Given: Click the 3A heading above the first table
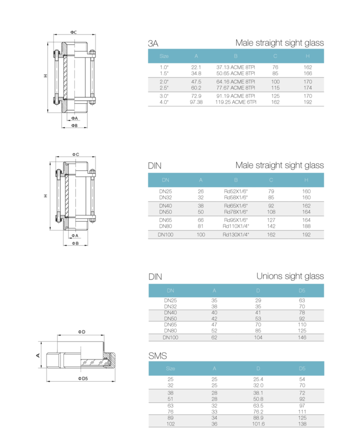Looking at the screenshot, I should click(x=153, y=44).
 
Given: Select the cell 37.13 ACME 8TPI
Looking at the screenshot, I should click(x=235, y=67).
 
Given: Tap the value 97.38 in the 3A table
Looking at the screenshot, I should click(x=196, y=102).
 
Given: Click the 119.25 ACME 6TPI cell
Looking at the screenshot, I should click(x=235, y=102).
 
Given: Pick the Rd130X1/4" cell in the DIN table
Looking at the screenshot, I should click(x=236, y=234).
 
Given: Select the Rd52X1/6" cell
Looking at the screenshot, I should click(x=236, y=191).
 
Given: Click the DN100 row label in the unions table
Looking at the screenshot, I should click(x=171, y=337).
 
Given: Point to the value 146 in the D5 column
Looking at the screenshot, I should click(x=302, y=337).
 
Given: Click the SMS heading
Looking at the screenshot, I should click(x=157, y=356).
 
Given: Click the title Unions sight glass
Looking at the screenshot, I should click(x=290, y=276).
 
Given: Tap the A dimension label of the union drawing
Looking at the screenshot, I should click(x=38, y=355).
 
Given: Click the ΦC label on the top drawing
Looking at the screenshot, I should click(x=73, y=32).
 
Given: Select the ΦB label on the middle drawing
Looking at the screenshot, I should click(x=75, y=243).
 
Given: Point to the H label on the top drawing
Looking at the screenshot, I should click(x=45, y=76).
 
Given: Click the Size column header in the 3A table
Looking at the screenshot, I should click(x=164, y=56).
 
